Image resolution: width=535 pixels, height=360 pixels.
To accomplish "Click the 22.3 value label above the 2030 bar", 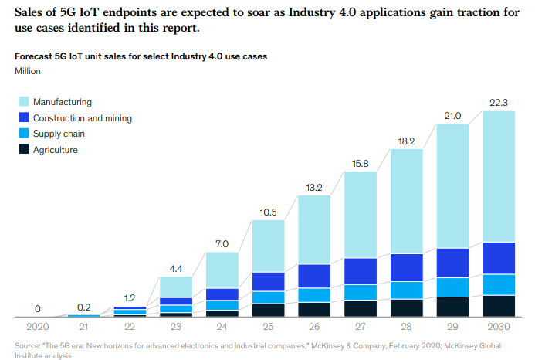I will [510, 102].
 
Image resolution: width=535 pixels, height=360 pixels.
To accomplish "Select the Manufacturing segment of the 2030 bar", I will [510, 176].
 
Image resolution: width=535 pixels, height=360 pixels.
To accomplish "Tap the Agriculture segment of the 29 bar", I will [463, 307].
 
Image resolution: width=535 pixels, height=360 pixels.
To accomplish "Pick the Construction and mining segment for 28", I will [418, 267].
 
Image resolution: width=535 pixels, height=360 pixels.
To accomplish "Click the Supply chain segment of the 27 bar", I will [371, 291].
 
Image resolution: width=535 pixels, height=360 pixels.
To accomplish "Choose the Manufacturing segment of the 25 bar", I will [279, 246].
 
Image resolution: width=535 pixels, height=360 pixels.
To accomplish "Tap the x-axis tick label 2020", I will [37, 328].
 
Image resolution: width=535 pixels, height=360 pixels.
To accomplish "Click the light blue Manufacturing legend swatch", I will [24, 101].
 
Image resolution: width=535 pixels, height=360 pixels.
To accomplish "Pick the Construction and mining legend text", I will [82, 118].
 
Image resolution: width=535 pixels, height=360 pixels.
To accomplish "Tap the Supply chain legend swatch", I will [24, 134].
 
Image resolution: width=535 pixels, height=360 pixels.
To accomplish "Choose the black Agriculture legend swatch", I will [24, 151].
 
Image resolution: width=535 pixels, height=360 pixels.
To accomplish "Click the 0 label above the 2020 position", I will [37, 308].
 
